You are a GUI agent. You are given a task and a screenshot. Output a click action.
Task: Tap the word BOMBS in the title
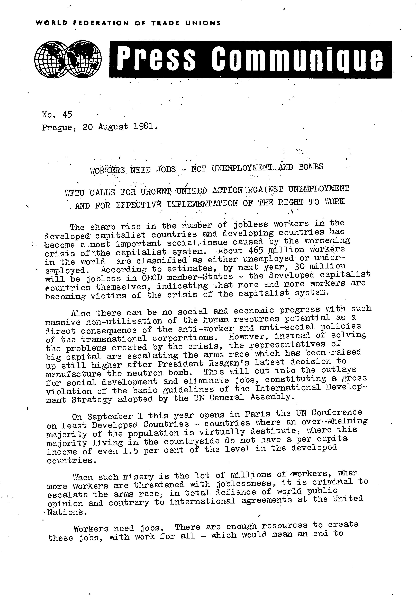(x=310, y=167)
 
